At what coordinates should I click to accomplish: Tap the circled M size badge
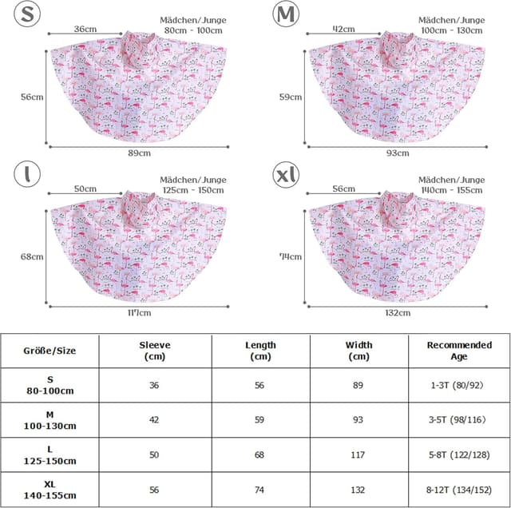pos(285,14)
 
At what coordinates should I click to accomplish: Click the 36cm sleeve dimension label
pos(85,29)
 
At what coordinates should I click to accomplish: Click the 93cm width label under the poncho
pos(397,153)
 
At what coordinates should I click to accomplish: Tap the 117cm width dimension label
pos(140,312)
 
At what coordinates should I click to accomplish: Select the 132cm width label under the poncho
pos(397,312)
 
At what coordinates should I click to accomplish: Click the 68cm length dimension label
pos(32,256)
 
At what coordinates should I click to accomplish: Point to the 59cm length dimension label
pos(291,97)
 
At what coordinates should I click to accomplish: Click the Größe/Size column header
pos(49,351)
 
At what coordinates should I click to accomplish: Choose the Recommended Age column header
pos(459,351)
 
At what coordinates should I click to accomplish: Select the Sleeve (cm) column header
pos(154,351)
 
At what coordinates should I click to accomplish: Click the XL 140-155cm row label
pos(49,490)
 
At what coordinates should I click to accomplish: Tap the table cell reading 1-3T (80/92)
pos(459,385)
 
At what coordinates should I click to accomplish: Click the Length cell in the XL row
pos(259,490)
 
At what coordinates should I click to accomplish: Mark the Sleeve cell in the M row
pos(154,420)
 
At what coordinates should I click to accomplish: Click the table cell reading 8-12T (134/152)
pos(459,490)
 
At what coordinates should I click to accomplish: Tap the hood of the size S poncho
pos(141,48)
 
